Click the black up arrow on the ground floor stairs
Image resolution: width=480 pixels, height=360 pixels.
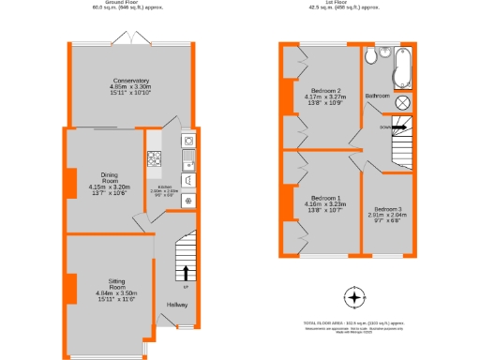click(185, 274)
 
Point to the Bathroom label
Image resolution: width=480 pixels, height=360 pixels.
click(378, 96)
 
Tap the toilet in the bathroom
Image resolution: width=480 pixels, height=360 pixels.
click(372, 58)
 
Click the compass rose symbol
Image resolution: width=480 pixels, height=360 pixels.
click(353, 299)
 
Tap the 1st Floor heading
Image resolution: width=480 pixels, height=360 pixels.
click(346, 3)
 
